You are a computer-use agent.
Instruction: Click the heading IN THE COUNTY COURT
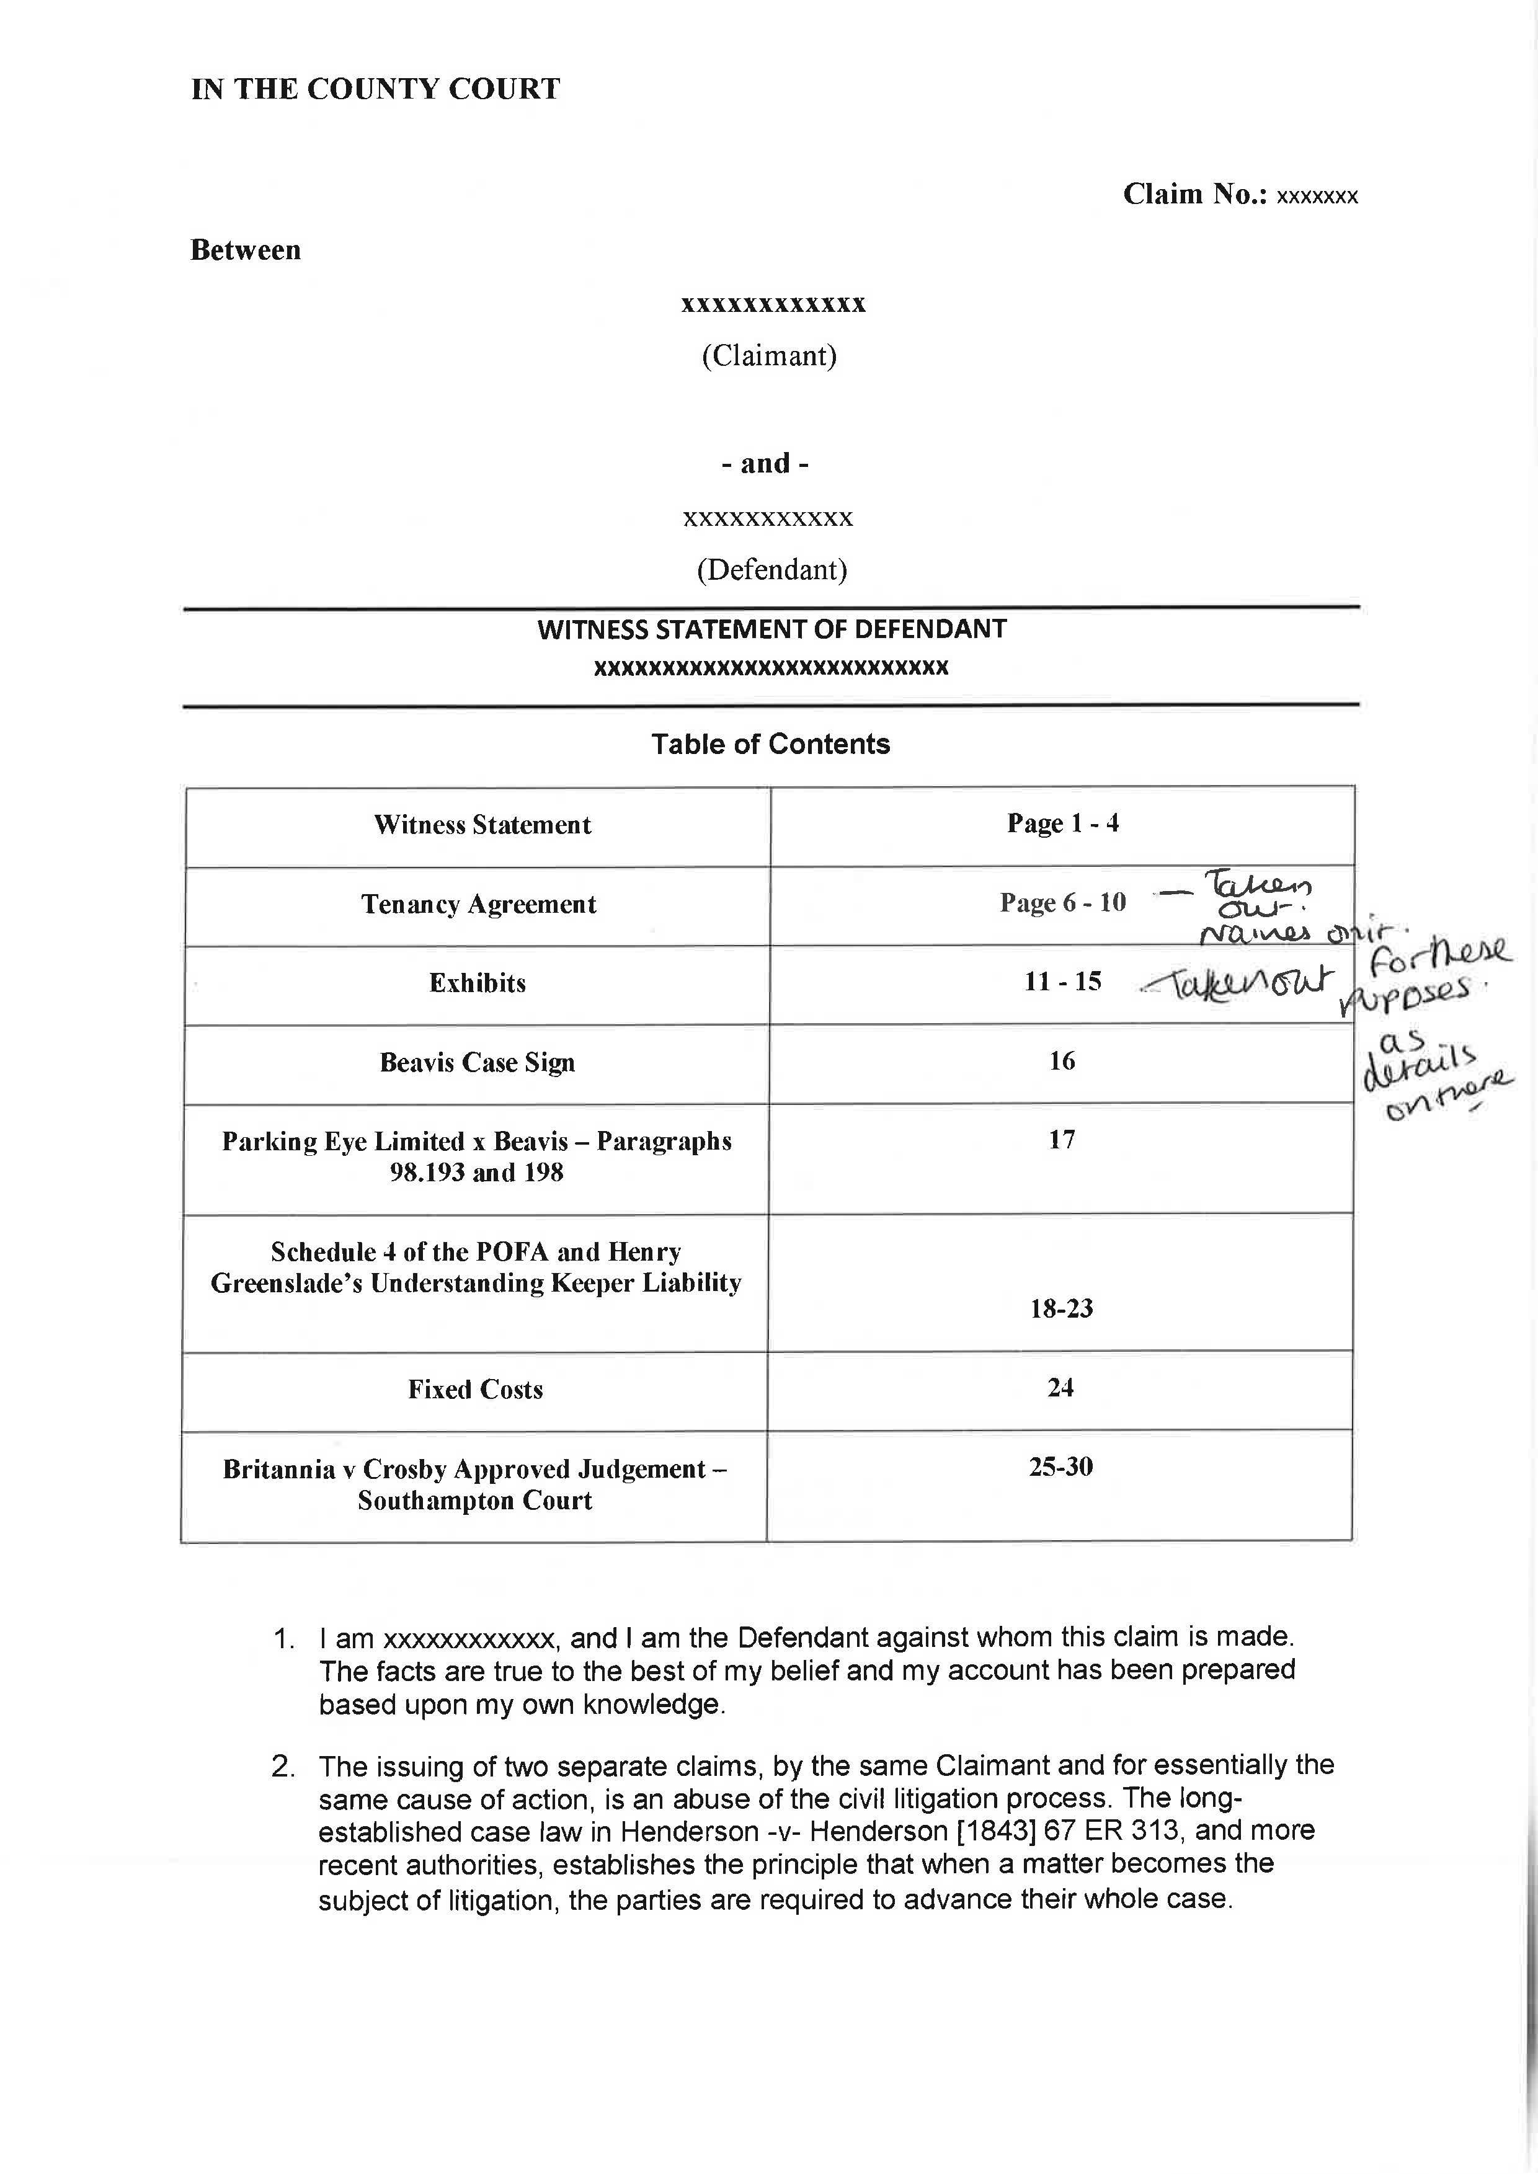pos(375,89)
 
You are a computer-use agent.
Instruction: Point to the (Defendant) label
pos(772,569)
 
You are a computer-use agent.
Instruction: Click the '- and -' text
pos(765,463)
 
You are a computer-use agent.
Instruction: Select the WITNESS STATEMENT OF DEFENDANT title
pos(772,629)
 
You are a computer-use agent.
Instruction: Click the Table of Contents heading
pos(770,744)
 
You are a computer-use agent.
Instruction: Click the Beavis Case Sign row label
pos(478,1062)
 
